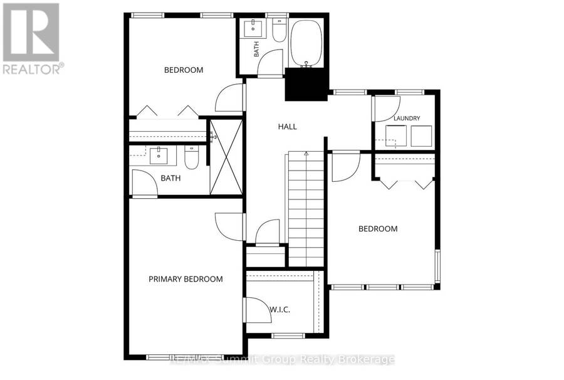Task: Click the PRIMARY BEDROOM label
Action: pos(185,279)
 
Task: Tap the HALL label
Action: pos(288,127)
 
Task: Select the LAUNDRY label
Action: pos(407,118)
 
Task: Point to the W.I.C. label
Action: pos(280,310)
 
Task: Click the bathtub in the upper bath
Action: pos(306,43)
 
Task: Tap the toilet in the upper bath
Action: pos(279,31)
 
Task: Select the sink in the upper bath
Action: pos(254,28)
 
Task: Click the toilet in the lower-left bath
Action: pos(191,157)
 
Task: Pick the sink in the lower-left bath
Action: pos(159,155)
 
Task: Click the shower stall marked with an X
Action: pos(226,157)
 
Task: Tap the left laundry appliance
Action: pos(396,135)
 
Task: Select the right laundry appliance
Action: pos(421,135)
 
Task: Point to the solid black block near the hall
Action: pos(306,84)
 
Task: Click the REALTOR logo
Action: pos(33,38)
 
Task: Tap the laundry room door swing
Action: pos(387,108)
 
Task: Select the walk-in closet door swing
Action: pos(258,310)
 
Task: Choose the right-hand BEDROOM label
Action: pos(378,229)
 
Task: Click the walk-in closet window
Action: pos(288,336)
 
